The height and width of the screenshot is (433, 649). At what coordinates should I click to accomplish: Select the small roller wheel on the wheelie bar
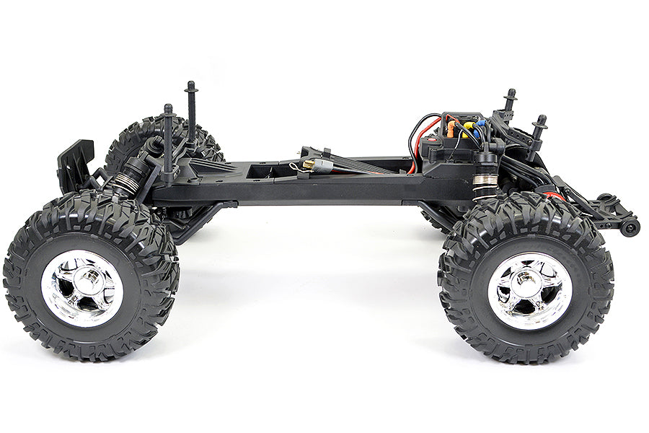tap(631, 227)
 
